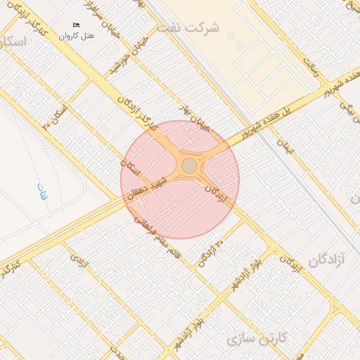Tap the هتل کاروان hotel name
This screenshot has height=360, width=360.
point(77,35)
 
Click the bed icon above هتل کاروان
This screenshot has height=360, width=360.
point(77,25)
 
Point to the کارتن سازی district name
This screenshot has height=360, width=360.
point(258,338)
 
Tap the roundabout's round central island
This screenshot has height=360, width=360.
point(189,165)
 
